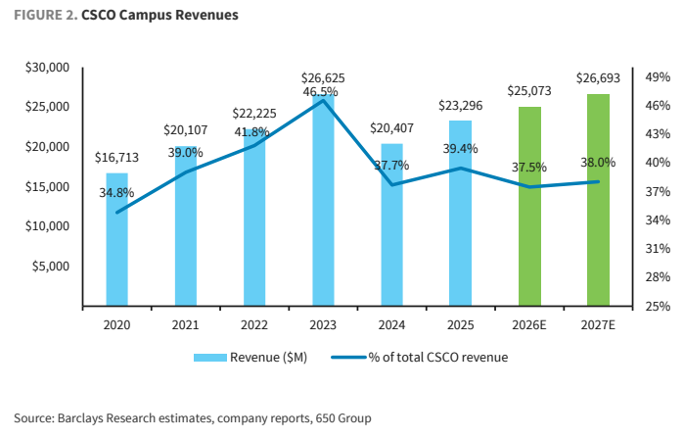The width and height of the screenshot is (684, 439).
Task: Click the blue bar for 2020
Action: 116,239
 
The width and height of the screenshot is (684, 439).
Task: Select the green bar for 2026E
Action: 529,206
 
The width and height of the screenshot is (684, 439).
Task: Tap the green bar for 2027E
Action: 598,200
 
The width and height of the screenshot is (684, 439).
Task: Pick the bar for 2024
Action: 391,224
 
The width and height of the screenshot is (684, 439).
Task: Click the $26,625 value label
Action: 323,78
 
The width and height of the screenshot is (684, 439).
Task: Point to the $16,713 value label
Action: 116,157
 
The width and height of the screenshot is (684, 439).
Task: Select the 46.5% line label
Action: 320,92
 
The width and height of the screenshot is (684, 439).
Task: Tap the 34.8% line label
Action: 116,193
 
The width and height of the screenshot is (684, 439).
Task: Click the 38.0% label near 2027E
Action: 598,163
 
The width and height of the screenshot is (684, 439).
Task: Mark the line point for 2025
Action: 461,168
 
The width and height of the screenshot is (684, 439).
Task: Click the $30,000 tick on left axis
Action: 48,68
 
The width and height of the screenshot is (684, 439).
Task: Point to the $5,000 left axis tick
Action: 51,266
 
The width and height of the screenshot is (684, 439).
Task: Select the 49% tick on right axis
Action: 658,77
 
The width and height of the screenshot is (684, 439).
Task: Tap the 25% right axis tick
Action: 658,306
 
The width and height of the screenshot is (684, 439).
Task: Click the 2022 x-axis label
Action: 254,325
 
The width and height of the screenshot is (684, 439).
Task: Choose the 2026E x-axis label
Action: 529,325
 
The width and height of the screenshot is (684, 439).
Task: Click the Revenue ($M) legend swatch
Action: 210,358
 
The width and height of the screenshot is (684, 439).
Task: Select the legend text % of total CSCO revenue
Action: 438,358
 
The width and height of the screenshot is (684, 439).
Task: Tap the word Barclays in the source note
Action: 80,418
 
